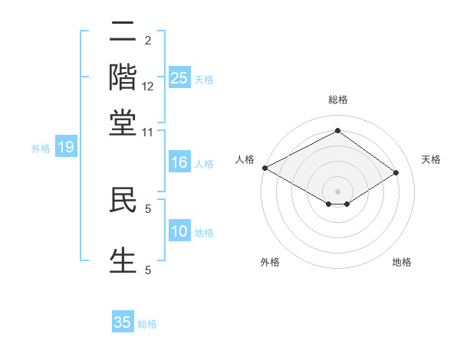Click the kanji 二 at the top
[x=123, y=33]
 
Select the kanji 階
[x=123, y=77]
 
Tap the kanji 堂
[x=123, y=123]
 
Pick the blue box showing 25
[x=179, y=77]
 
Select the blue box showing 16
[x=179, y=162]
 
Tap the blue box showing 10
[x=179, y=231]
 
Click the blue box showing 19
[x=65, y=147]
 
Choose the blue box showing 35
[x=123, y=322]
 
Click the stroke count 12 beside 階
[x=148, y=86]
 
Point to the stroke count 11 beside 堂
[x=148, y=132]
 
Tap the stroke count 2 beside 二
[x=148, y=40]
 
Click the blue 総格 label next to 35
[x=147, y=324]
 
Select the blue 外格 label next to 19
[x=41, y=149]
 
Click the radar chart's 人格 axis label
[x=245, y=159]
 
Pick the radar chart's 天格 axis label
[x=431, y=159]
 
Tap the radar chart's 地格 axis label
[x=402, y=262]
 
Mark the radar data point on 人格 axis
[x=264, y=168]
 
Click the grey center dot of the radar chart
[x=337, y=191]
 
